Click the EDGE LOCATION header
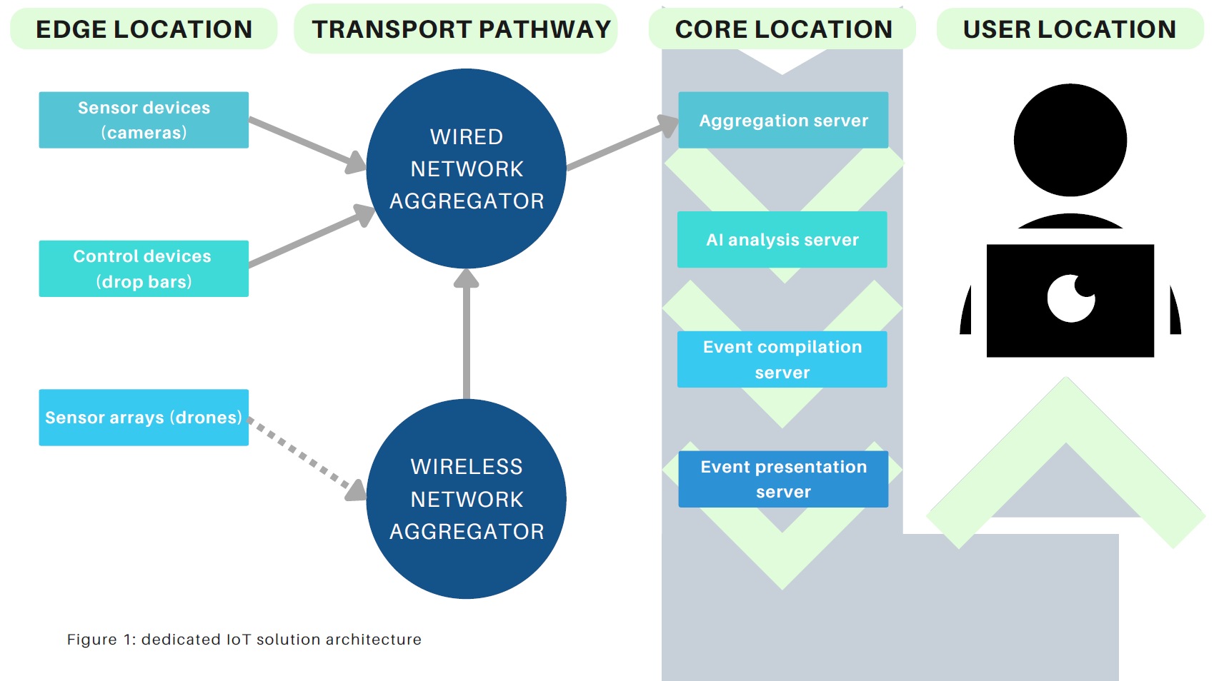coord(144,29)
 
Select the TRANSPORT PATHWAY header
coord(461,29)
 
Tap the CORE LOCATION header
coord(783,29)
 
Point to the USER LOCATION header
coord(1069,29)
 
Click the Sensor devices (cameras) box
coord(144,120)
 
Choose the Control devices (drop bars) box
coord(144,268)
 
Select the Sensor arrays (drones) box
coord(144,418)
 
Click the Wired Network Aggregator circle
coord(466,169)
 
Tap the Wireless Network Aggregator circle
coord(466,499)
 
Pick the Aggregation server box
coord(783,120)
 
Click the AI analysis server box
coord(782,240)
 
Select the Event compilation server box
coord(782,359)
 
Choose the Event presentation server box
coord(783,479)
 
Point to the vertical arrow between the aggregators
coord(466,336)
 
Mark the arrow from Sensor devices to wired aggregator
coord(304,142)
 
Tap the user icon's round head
coord(1070,140)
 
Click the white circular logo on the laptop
coord(1071,298)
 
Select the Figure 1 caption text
coord(244,640)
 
